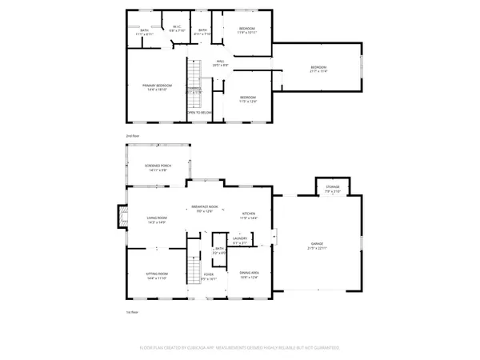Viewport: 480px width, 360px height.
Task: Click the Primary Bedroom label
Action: pos(158,86)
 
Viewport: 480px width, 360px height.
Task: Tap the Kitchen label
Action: pos(249,214)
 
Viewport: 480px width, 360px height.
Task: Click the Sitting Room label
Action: pos(157,274)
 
